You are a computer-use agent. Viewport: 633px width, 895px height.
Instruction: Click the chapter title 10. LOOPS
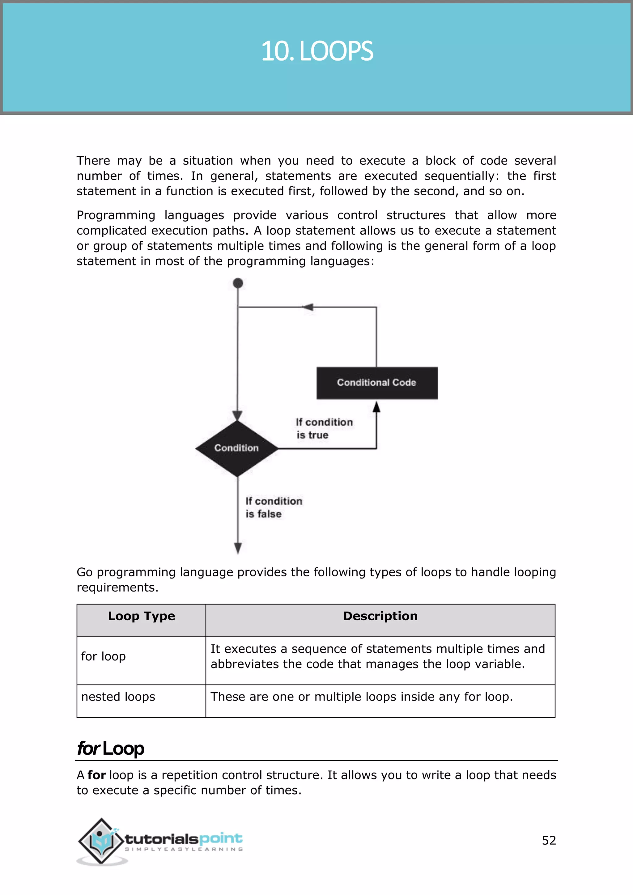316,51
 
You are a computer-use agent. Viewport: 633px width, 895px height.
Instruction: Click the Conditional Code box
376,383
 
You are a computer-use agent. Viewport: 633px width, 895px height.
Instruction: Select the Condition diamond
236,448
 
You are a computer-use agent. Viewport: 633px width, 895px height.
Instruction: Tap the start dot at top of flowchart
238,283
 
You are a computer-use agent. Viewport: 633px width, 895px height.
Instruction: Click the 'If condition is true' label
324,428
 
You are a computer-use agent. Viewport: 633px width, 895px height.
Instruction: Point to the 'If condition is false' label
274,507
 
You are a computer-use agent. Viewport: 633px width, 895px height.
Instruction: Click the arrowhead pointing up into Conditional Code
376,407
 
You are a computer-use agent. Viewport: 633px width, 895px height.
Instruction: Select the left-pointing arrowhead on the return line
308,307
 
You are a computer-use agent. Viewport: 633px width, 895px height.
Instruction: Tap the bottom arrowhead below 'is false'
238,548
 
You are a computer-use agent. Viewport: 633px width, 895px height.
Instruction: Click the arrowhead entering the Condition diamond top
237,416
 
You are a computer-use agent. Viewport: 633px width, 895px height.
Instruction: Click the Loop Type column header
142,616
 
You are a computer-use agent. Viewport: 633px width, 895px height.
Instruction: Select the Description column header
380,616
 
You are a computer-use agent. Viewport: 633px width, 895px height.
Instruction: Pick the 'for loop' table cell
103,656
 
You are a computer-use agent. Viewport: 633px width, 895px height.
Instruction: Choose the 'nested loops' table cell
118,697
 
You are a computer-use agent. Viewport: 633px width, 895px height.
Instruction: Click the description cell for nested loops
361,697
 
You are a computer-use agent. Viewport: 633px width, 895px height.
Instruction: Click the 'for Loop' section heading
111,749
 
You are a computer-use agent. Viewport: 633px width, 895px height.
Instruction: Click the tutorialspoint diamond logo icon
102,841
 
